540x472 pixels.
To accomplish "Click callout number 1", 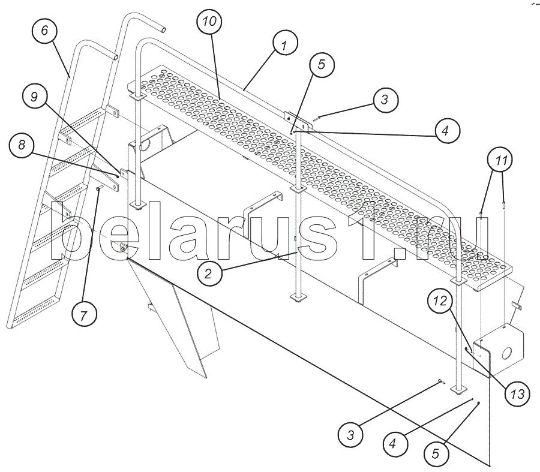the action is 285,43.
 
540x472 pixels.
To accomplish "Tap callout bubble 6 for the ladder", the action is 44,30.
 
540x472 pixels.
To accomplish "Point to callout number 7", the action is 84,314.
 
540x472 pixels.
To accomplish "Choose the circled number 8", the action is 22,145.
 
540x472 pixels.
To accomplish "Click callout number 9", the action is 34,97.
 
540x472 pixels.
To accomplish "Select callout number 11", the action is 501,160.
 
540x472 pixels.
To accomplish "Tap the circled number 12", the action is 440,301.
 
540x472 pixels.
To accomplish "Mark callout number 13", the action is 517,393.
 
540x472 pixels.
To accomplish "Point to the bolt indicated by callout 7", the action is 99,188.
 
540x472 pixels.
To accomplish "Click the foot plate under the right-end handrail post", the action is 458,389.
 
